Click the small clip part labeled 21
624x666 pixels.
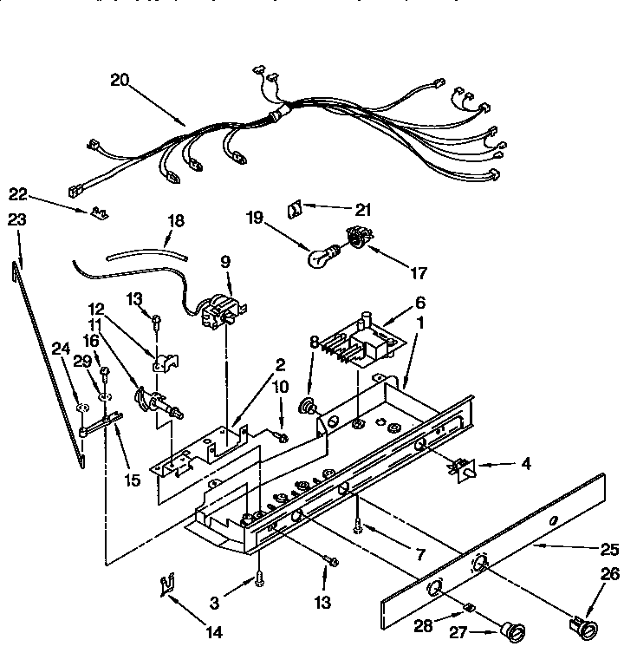pyautogui.click(x=294, y=209)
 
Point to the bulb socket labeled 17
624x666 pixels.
pyautogui.click(x=354, y=237)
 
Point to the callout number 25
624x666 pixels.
pyautogui.click(x=609, y=548)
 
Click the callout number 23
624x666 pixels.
pyautogui.click(x=16, y=220)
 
